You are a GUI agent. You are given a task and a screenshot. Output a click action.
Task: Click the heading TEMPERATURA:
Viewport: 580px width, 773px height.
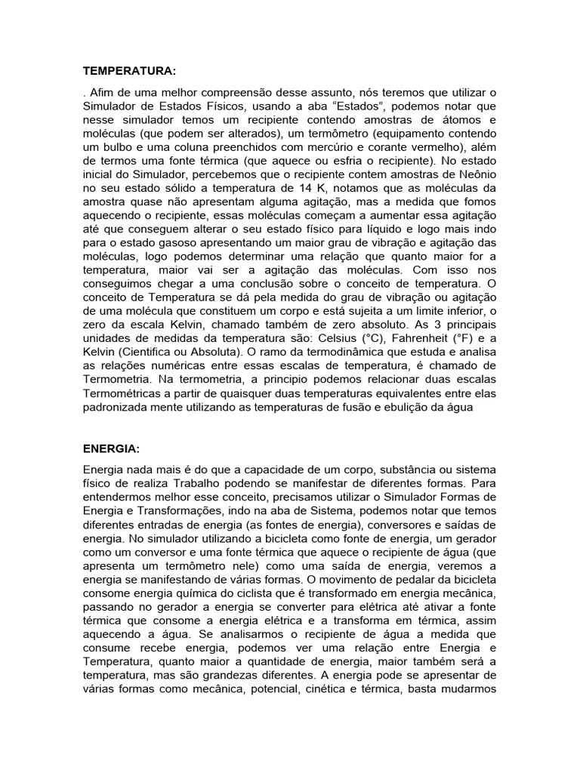128,71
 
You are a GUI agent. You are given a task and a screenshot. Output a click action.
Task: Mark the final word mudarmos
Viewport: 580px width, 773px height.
462,688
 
